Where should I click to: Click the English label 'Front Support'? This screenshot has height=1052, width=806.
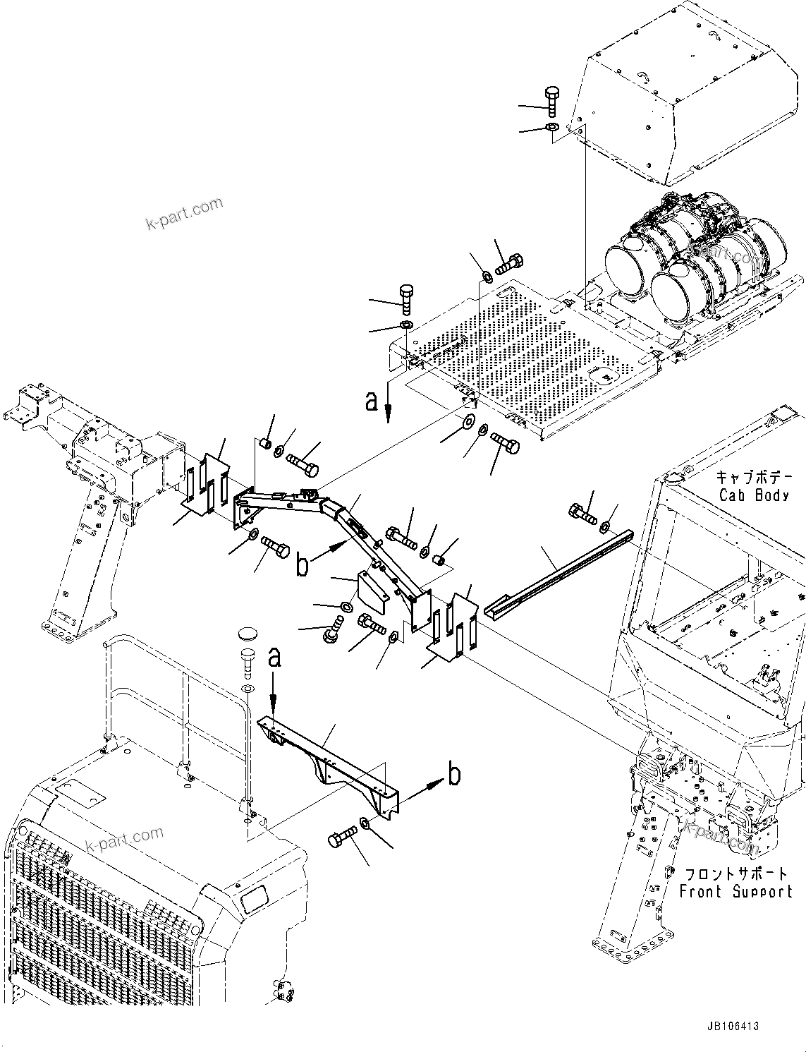coord(735,892)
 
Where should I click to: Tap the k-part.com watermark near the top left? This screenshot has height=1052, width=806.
coord(184,214)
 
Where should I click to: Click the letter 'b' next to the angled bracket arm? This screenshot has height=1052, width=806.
coord(302,566)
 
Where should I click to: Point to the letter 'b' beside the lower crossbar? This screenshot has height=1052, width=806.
coord(455,775)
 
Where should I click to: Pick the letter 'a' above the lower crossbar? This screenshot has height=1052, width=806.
coord(275,658)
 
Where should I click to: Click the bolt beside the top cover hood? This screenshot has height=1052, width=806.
coord(551,102)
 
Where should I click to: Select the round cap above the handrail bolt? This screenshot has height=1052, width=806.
coord(248,633)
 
